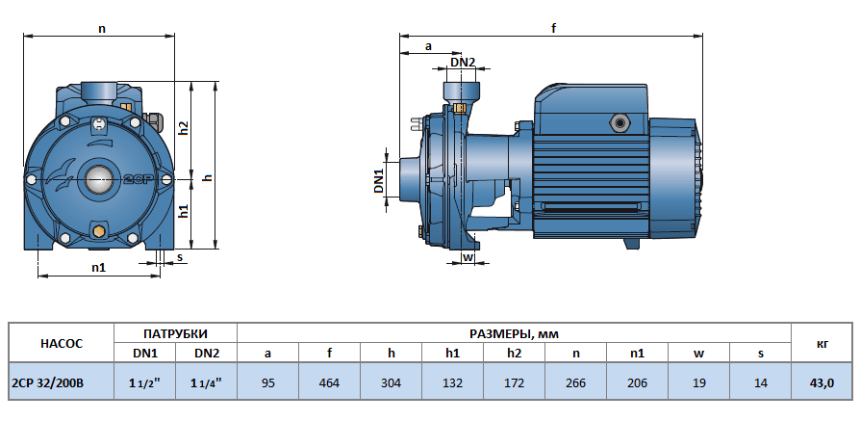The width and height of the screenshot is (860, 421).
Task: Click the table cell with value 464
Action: (329, 382)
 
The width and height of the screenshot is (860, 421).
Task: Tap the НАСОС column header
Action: (61, 343)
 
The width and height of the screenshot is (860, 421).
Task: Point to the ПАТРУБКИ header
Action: (175, 333)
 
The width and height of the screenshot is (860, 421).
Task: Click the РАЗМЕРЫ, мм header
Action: (514, 333)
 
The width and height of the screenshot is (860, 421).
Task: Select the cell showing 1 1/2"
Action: (144, 382)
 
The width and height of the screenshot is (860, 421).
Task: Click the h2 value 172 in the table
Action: (514, 382)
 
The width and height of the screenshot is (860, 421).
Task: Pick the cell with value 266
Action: (575, 382)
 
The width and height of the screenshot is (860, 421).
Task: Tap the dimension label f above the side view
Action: (553, 28)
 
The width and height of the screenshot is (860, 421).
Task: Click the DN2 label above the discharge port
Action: (463, 63)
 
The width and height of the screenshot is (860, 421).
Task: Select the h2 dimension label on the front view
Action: (183, 127)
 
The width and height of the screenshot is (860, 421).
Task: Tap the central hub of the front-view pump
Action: (98, 178)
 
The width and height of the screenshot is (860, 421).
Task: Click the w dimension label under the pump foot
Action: (468, 257)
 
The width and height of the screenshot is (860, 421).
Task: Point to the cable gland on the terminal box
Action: (617, 122)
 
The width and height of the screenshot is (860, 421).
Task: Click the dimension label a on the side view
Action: (427, 45)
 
